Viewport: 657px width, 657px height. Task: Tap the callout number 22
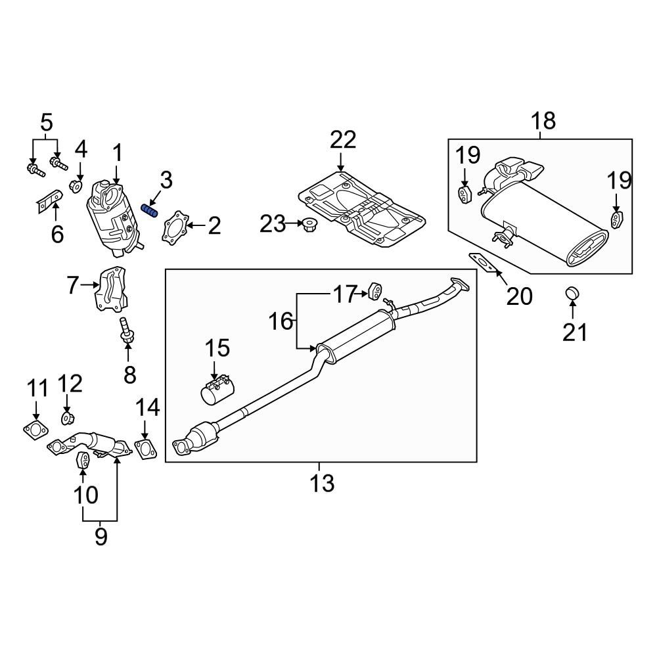point(343,140)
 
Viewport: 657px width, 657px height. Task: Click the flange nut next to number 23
point(306,226)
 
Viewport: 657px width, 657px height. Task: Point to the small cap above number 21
point(572,292)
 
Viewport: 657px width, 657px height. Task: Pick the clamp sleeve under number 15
point(217,389)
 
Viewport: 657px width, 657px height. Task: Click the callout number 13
point(322,484)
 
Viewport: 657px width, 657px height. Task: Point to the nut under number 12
point(68,418)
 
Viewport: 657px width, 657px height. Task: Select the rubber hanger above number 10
point(83,461)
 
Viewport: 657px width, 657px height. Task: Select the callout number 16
point(281,321)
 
